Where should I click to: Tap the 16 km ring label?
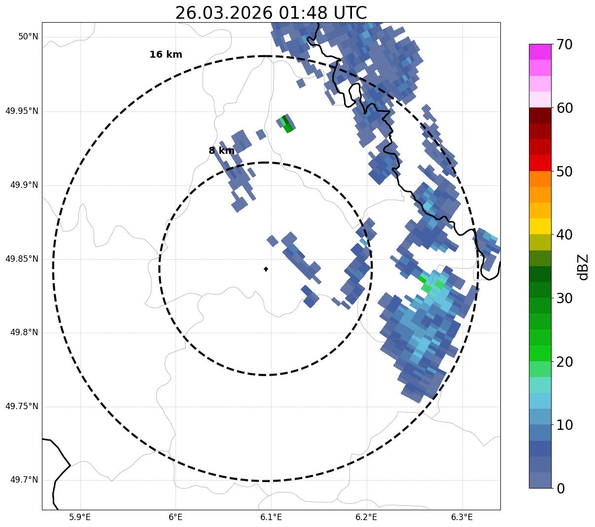coord(166,55)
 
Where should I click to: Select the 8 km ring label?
coord(221,151)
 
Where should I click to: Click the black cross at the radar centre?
coord(266,269)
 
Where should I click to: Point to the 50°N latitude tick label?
coord(28,37)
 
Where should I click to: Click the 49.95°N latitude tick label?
coord(22,111)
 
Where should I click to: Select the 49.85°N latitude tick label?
coord(22,259)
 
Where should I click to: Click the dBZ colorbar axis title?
coord(583,267)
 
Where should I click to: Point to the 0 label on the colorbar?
coord(561,489)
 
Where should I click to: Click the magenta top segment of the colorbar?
coord(540,52)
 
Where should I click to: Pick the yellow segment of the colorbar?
coord(540,226)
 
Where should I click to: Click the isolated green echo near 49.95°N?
coord(287,123)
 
